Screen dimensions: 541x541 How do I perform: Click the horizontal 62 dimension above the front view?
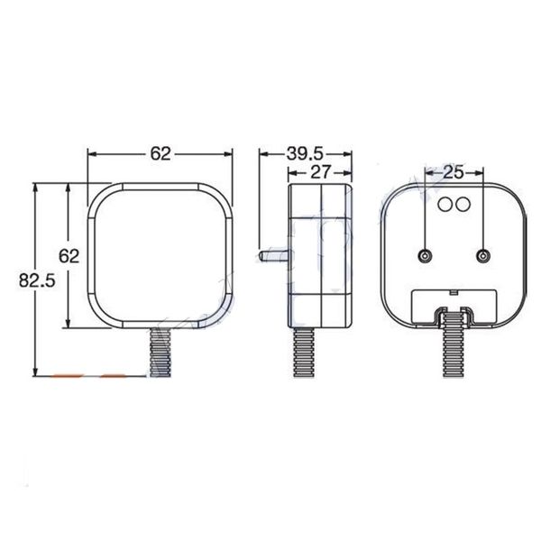[160, 153]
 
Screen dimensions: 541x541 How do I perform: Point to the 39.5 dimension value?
[307, 153]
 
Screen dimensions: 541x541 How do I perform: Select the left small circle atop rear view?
[445, 204]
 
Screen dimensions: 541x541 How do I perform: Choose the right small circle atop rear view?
[462, 204]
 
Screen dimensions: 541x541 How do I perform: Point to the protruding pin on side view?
[273, 255]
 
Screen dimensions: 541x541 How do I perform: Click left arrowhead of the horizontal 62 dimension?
[91, 153]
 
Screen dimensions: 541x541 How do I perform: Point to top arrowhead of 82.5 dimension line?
[35, 188]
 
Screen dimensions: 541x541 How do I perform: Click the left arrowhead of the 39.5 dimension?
[263, 153]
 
